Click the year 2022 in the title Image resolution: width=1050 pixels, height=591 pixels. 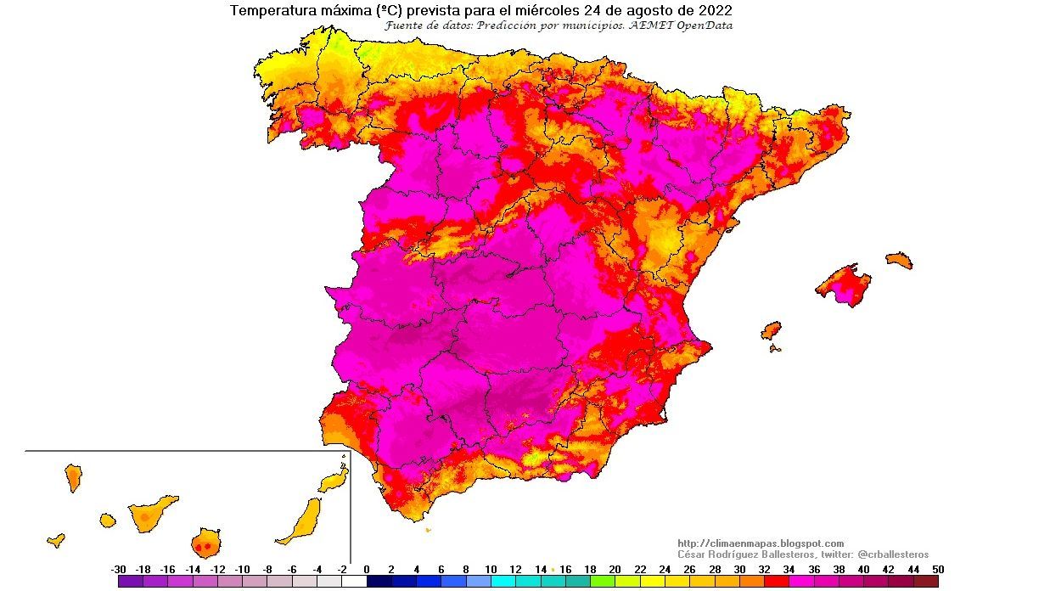[716, 11]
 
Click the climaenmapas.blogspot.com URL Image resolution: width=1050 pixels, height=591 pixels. [761, 543]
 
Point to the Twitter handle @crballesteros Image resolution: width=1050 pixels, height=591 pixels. [892, 554]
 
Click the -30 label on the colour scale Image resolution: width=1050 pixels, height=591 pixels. [119, 570]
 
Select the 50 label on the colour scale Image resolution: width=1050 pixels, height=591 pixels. [937, 570]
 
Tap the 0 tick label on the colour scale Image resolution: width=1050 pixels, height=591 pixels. [367, 570]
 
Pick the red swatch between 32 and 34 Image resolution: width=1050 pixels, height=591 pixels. [777, 582]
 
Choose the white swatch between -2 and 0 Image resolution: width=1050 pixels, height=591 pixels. [354, 582]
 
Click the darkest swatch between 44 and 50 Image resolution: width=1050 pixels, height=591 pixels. [926, 582]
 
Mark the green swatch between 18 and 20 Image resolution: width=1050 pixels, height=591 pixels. [603, 582]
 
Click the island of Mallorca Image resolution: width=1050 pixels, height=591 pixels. [844, 284]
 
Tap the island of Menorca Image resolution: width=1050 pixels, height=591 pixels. [899, 260]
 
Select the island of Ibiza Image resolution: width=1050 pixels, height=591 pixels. [771, 330]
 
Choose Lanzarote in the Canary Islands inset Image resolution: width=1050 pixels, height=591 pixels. [334, 480]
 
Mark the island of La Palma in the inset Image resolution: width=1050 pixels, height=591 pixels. [73, 477]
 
